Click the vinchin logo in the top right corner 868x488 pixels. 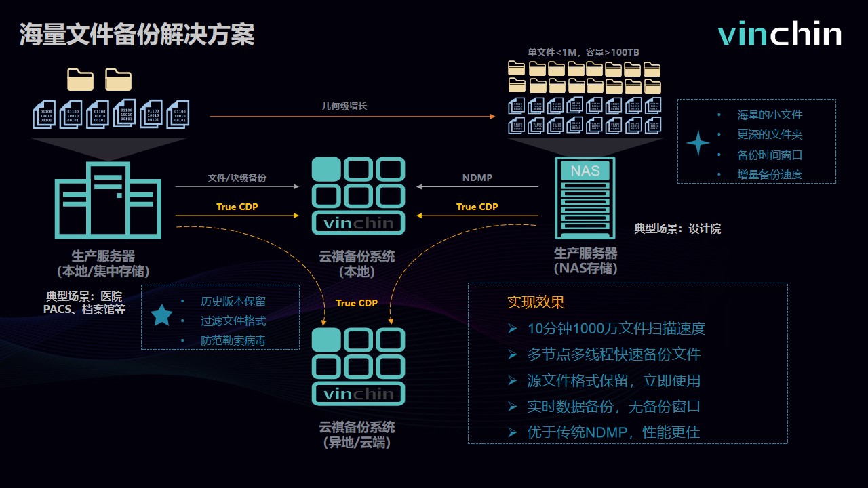point(779,35)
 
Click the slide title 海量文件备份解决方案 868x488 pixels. point(137,35)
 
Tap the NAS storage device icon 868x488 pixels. point(585,197)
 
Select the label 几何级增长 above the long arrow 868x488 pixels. point(344,106)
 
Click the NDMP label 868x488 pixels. point(477,178)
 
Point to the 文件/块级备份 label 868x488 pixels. point(237,178)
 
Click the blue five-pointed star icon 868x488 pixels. point(161,316)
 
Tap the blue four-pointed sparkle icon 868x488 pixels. point(698,143)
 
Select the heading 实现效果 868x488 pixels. point(536,302)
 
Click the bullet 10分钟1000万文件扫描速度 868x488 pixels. point(616,329)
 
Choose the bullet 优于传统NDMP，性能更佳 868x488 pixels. point(613,432)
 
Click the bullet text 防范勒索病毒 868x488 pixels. point(233,341)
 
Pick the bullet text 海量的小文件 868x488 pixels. point(770,115)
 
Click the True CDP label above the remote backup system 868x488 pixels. point(357,303)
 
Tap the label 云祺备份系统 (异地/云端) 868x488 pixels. point(357,435)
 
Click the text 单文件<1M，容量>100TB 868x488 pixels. point(583,52)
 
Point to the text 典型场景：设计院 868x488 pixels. point(677,229)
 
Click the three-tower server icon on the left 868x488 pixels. point(108,200)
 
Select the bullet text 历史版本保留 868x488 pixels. point(233,302)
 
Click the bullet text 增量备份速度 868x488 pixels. point(770,174)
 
